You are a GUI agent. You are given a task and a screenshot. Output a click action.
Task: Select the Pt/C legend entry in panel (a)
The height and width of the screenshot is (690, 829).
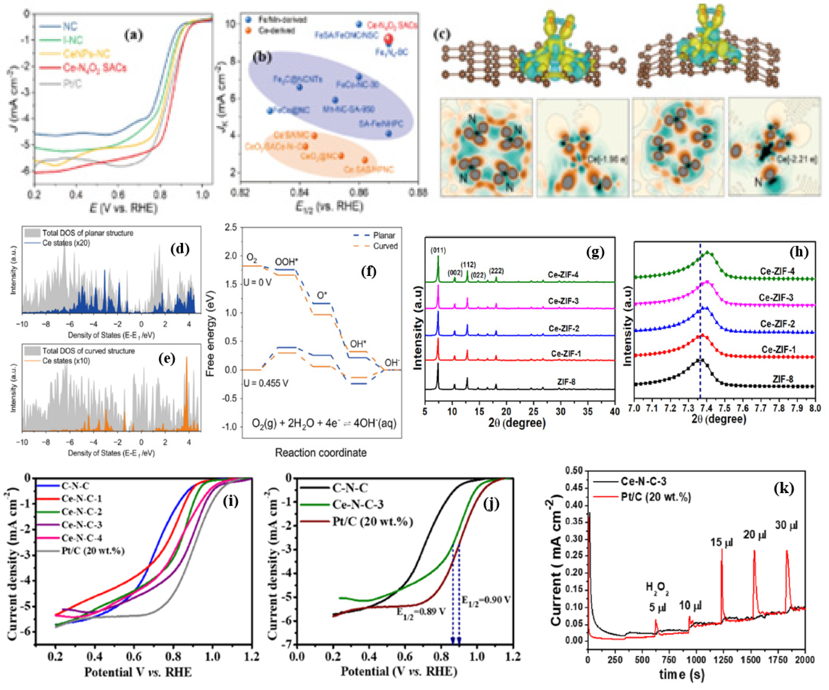(72, 84)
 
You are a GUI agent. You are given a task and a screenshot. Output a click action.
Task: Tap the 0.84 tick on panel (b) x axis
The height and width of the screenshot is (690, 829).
(299, 192)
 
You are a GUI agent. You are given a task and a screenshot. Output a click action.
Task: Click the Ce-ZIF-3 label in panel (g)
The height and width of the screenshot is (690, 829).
(563, 301)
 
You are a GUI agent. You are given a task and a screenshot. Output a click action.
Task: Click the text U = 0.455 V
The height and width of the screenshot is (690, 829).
(266, 383)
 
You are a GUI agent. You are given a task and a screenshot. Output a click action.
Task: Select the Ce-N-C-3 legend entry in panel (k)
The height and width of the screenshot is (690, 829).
(643, 481)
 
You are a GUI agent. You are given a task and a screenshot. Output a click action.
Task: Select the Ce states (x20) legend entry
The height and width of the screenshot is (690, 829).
(66, 243)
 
